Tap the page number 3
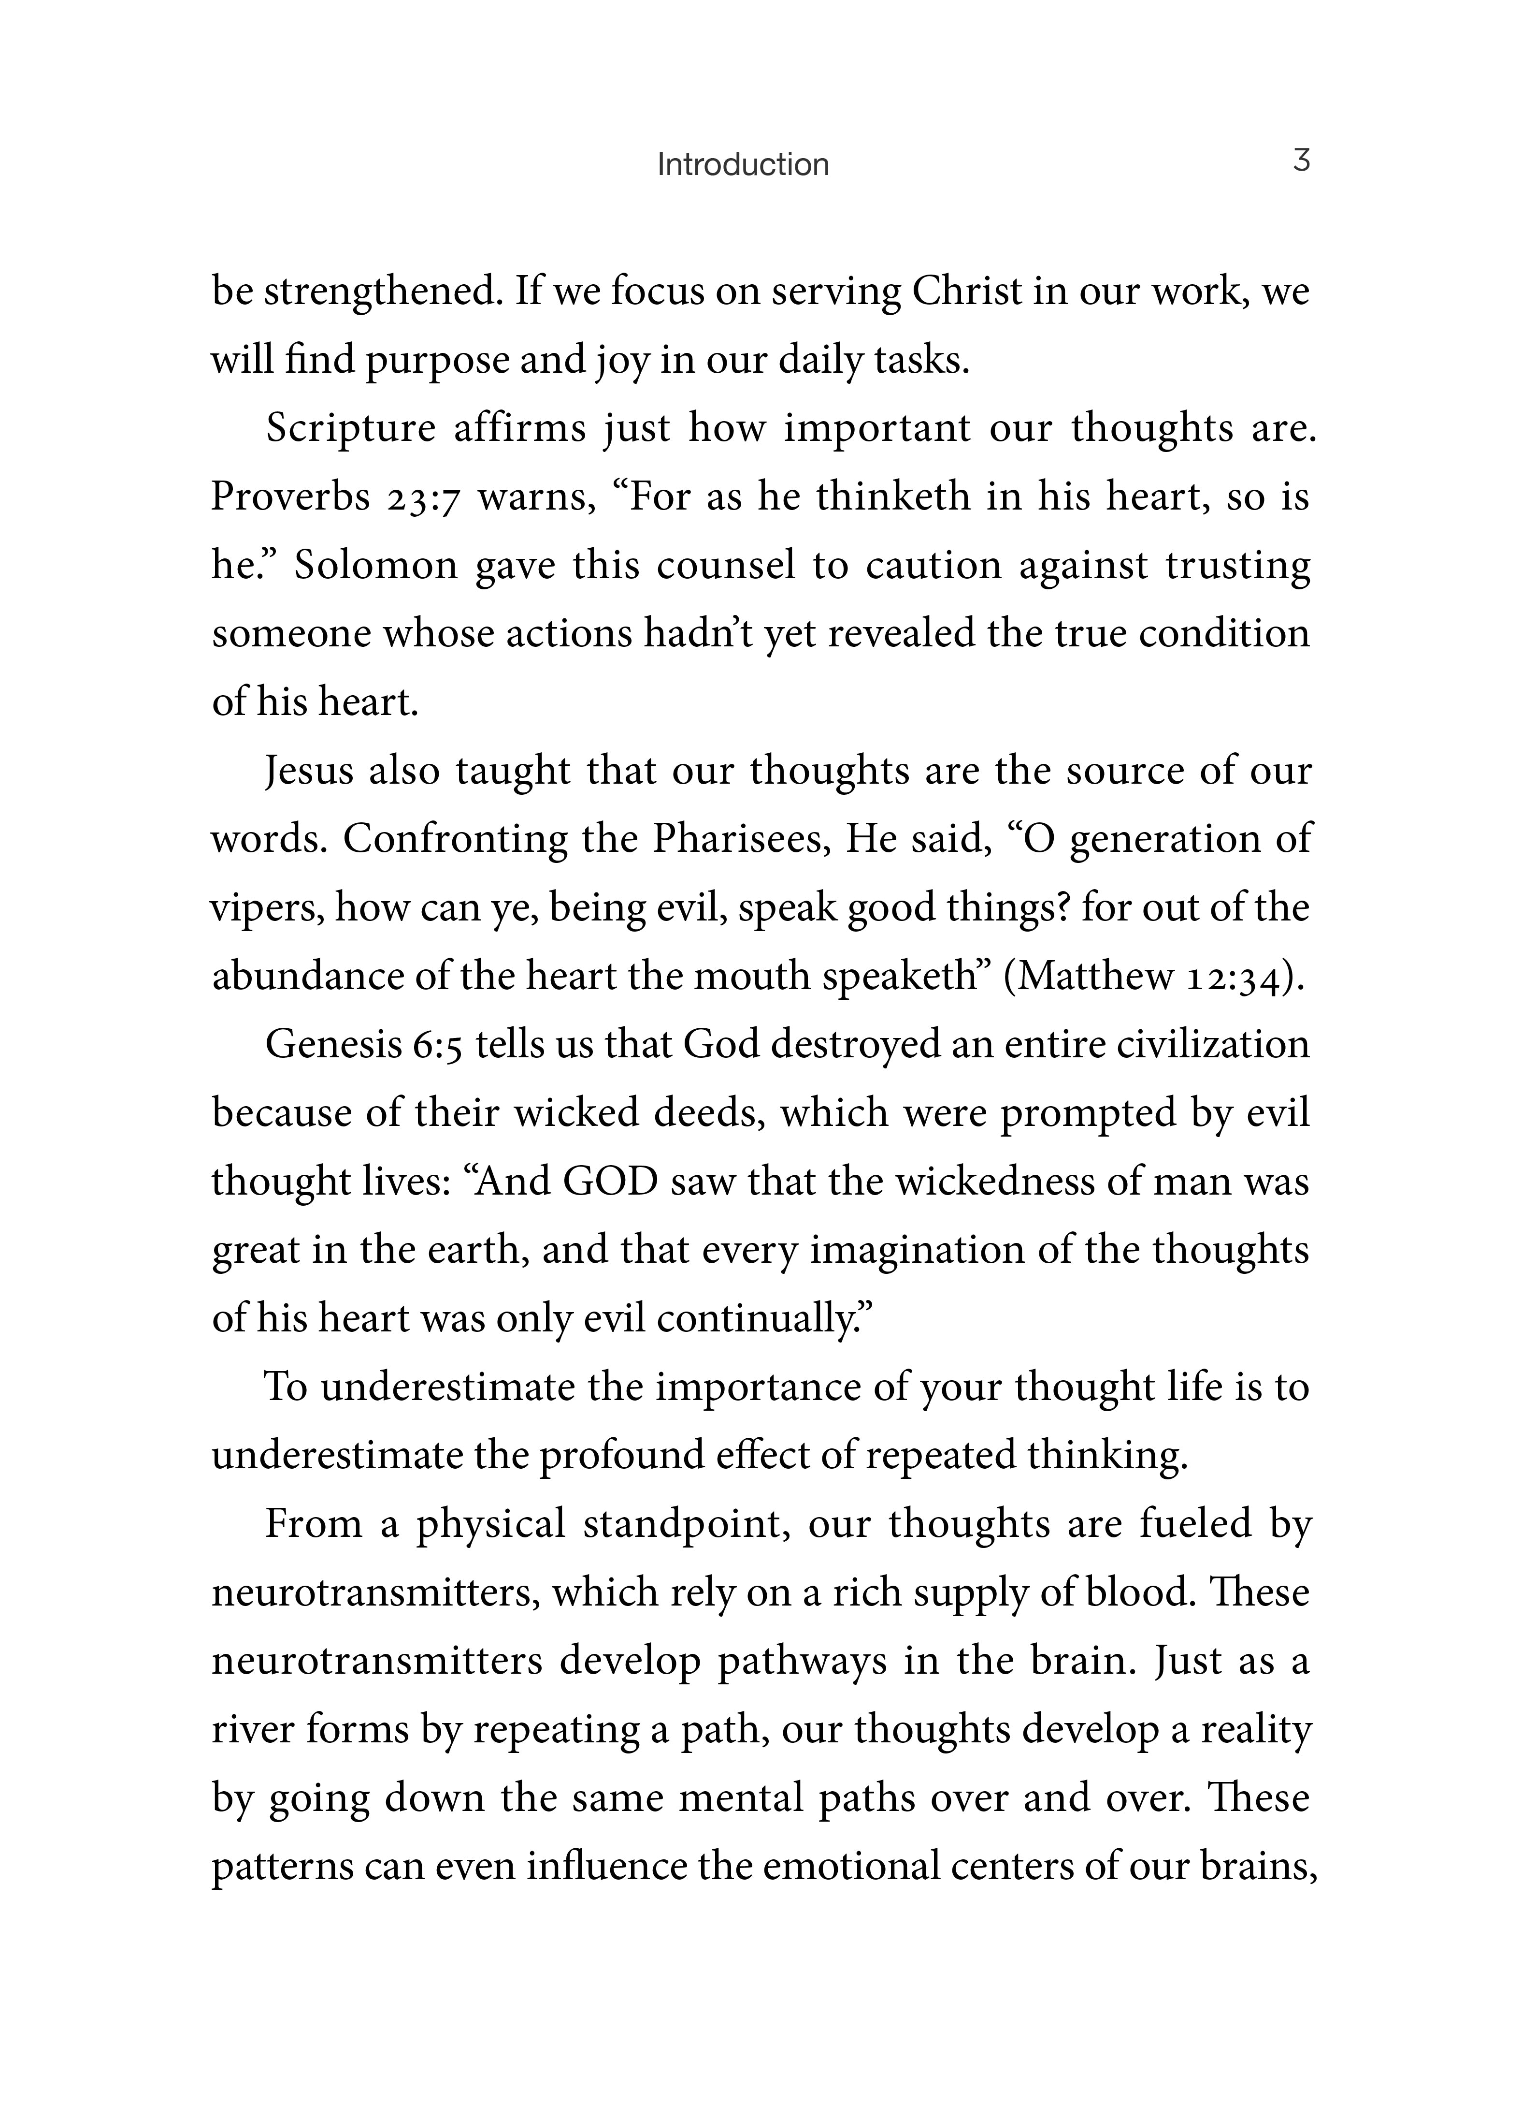1301,161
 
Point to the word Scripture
350,429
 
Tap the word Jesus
309,772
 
